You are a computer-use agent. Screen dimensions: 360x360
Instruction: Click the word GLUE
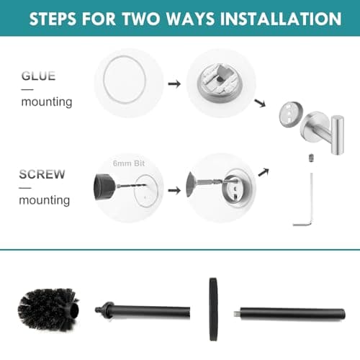point(38,76)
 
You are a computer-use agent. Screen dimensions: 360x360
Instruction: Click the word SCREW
point(42,174)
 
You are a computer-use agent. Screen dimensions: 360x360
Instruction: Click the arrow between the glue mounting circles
point(174,84)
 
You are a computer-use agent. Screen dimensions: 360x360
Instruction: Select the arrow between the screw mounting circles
point(174,192)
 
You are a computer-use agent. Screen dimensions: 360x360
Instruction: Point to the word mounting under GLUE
point(46,102)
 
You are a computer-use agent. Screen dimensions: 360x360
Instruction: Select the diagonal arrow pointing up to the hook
point(264,171)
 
